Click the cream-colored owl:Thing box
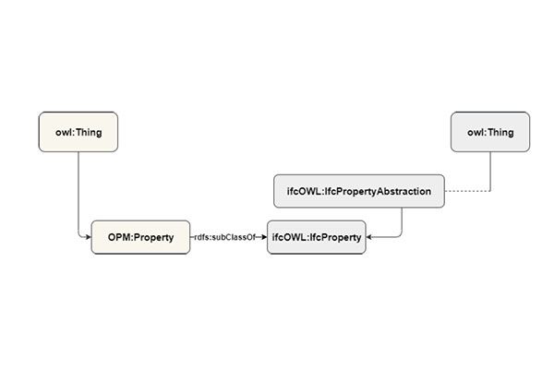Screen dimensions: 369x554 (x=78, y=132)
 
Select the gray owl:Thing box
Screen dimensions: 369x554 (x=490, y=132)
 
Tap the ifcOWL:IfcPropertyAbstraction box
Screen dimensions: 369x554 (x=359, y=191)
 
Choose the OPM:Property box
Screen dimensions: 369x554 (x=140, y=237)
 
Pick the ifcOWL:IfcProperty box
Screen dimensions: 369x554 (x=317, y=237)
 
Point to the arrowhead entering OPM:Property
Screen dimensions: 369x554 (x=88, y=237)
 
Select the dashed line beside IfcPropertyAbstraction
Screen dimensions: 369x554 (x=466, y=191)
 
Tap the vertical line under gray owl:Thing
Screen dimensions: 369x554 (x=490, y=171)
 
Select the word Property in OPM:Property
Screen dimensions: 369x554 (x=154, y=237)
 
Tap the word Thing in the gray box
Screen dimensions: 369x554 (x=500, y=132)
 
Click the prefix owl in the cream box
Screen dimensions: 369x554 (x=63, y=132)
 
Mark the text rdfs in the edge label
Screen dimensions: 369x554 (x=203, y=237)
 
